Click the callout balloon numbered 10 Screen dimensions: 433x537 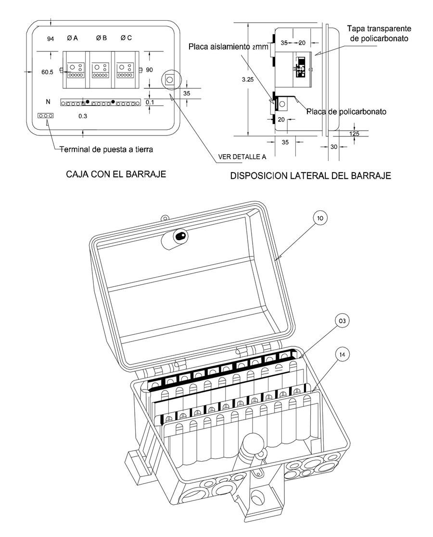(320, 218)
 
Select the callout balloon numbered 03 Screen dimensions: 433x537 (342, 321)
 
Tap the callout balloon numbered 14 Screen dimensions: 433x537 (342, 355)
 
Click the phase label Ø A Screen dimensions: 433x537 (72, 38)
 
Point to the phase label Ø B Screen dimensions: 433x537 (101, 38)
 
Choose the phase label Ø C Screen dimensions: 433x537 (126, 38)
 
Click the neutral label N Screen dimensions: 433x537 (48, 102)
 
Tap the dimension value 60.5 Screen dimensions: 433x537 (47, 72)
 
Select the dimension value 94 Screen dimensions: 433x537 (51, 39)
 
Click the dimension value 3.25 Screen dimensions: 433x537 (247, 80)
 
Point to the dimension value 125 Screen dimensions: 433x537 (355, 134)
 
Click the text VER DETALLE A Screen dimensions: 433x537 (242, 157)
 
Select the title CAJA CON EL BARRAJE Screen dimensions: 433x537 (116, 174)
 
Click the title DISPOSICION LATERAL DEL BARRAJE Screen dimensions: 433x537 (310, 176)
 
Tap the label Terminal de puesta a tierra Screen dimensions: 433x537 (106, 149)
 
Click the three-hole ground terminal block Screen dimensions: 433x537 (45, 116)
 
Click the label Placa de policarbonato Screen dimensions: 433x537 (346, 111)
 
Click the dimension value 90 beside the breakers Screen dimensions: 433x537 (149, 70)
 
